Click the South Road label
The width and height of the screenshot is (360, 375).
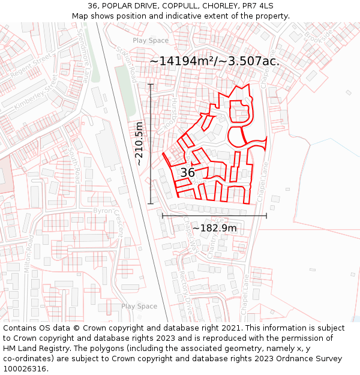(76, 165)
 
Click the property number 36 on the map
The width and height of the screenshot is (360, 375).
(187, 173)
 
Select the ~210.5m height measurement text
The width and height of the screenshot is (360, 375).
(139, 144)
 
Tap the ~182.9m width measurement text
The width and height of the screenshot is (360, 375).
(214, 228)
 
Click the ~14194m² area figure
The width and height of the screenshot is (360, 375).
(181, 61)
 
